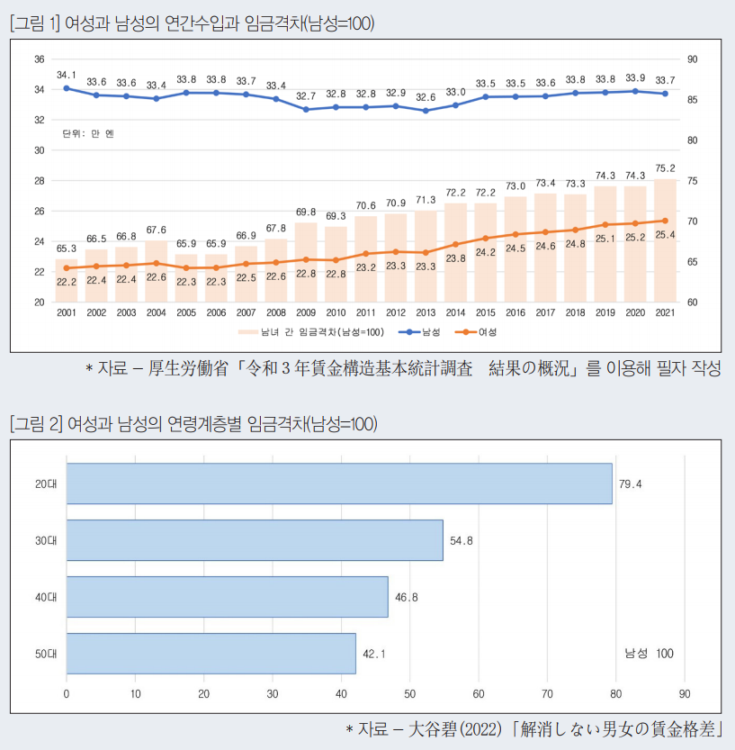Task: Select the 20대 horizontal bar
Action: [x=338, y=483]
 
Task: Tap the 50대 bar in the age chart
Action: [x=211, y=654]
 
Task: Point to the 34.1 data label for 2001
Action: [x=67, y=75]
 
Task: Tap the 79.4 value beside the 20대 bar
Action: [x=631, y=484]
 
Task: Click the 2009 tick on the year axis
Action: [x=306, y=312]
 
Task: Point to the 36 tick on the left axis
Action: [x=40, y=59]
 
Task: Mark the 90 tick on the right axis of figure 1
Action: [x=691, y=59]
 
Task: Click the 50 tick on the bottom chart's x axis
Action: [x=409, y=694]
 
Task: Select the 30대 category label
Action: [x=46, y=540]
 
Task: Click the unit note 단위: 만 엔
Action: [x=88, y=133]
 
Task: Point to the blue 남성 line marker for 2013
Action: [x=426, y=111]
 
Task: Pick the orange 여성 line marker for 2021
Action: [x=665, y=221]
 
